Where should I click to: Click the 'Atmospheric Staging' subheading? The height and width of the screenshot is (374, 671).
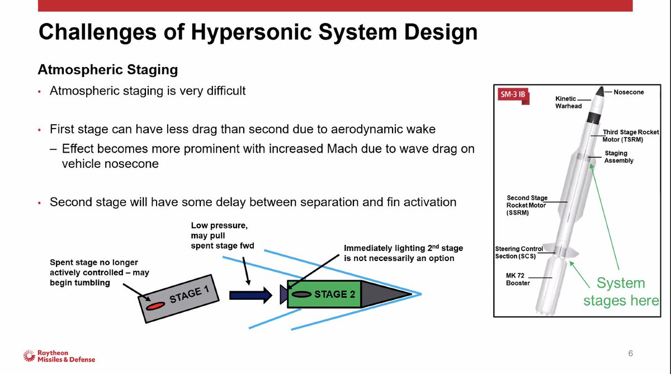pos(107,70)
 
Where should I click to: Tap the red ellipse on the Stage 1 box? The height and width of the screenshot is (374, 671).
pos(155,305)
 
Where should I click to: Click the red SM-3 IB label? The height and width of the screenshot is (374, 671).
pos(512,93)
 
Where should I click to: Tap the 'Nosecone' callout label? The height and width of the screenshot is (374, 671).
pos(629,92)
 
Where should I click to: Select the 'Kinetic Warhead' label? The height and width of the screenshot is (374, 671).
pos(568,102)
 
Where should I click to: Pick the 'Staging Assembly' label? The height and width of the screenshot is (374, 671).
pos(618,157)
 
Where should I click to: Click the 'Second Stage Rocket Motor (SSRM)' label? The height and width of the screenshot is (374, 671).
pos(527,205)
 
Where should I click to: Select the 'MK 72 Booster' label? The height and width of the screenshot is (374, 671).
pos(518,278)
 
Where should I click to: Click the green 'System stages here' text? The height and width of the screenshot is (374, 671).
pos(621,291)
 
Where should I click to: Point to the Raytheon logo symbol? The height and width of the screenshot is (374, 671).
pos(29,355)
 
